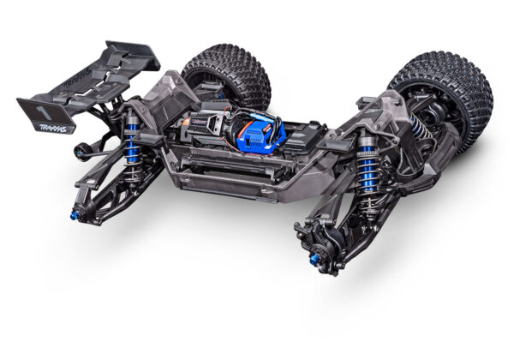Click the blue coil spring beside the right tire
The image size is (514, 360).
[x=417, y=127]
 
